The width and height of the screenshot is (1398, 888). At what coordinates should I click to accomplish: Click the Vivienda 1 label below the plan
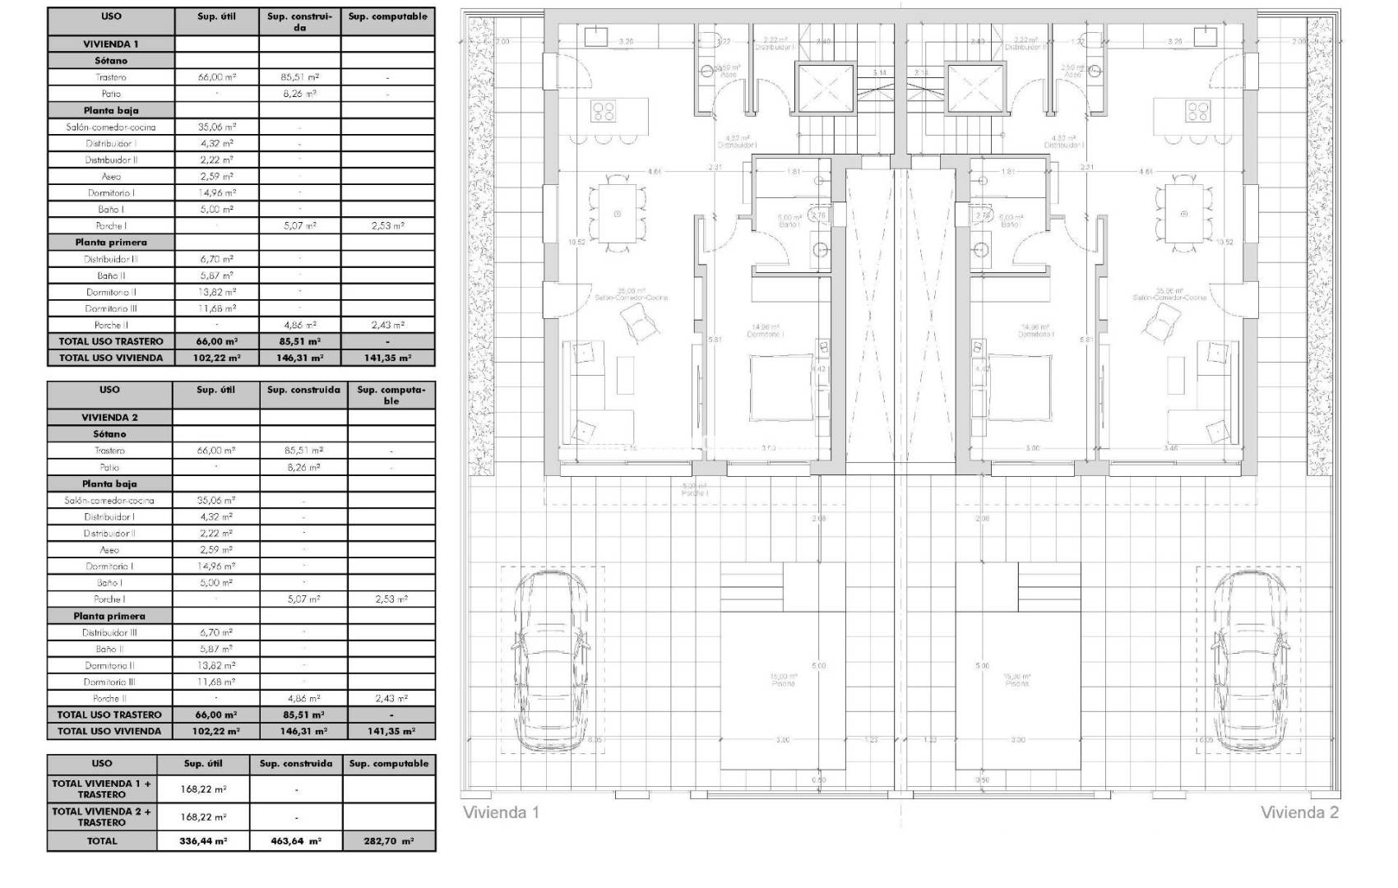(501, 812)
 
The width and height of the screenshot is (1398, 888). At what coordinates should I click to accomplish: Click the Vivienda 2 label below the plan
(1299, 812)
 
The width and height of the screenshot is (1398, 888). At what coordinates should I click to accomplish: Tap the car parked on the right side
(1248, 662)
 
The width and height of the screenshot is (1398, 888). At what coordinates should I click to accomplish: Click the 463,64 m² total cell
(296, 841)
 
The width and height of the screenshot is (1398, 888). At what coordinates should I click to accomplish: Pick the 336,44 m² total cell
(203, 841)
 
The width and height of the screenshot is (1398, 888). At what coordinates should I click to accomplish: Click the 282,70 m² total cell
(389, 841)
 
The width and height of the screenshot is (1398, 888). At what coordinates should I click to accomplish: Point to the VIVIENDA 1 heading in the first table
(111, 44)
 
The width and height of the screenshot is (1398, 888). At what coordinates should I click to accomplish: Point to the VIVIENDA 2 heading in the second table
(109, 417)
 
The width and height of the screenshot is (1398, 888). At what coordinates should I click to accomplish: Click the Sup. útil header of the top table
(217, 16)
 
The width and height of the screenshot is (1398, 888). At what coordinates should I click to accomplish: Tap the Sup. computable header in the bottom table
(389, 764)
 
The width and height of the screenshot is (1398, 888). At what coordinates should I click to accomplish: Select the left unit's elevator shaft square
(825, 87)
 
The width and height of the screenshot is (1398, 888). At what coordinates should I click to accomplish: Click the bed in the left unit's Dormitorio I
(781, 387)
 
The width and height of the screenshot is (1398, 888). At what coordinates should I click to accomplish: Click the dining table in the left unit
(618, 213)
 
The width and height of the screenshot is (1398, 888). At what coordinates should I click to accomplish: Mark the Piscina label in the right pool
(1016, 681)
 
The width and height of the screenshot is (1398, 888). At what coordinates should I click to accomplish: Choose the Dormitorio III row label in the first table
(111, 308)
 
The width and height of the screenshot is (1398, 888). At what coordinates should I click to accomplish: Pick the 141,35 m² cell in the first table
(387, 358)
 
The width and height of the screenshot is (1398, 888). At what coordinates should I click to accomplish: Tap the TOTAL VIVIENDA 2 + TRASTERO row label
(102, 816)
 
